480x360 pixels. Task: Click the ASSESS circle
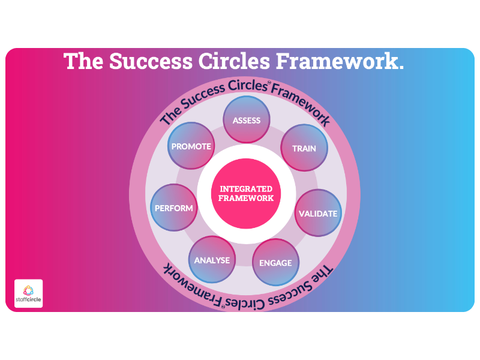click(x=247, y=119)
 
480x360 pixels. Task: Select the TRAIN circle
click(x=304, y=148)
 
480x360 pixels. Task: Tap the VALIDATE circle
click(x=318, y=213)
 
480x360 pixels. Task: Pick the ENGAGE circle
click(x=276, y=262)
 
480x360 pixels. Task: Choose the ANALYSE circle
click(x=212, y=260)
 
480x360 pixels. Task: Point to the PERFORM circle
click(x=174, y=208)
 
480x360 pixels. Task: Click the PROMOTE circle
click(x=191, y=146)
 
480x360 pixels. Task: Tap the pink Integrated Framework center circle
click(x=246, y=193)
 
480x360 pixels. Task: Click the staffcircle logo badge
click(x=28, y=293)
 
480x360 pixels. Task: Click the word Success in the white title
click(x=151, y=61)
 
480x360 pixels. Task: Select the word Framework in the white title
click(x=340, y=61)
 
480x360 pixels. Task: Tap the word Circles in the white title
click(x=234, y=61)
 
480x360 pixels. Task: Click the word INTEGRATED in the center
click(x=246, y=189)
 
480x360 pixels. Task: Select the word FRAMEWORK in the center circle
click(x=246, y=199)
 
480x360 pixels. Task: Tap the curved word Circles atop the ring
click(x=248, y=86)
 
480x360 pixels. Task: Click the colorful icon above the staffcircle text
click(x=28, y=290)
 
